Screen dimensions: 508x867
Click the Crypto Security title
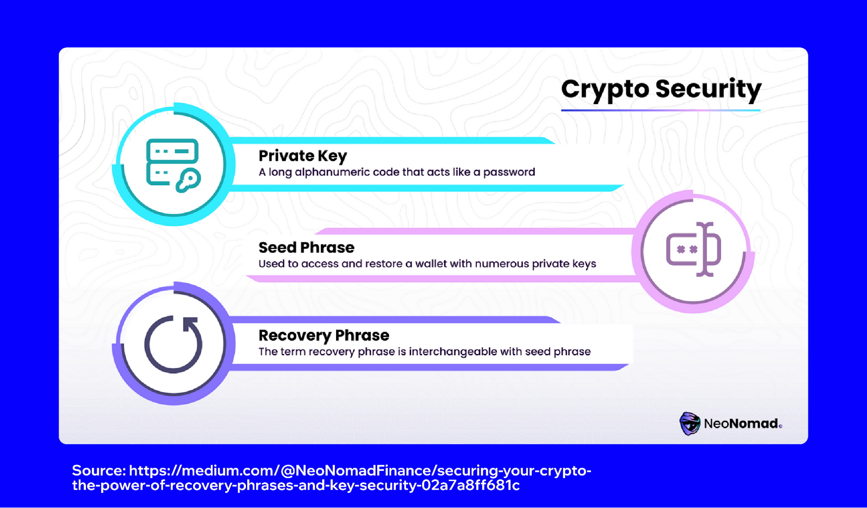[661, 89]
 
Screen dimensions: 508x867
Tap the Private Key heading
[303, 156]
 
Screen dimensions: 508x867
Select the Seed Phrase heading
[306, 247]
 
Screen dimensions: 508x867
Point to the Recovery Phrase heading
[324, 335]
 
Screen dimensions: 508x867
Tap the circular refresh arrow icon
[173, 344]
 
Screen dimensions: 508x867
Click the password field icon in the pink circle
[693, 249]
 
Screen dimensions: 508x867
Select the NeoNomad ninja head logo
[690, 423]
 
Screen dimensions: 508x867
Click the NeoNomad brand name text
[743, 423]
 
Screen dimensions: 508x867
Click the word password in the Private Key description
[509, 172]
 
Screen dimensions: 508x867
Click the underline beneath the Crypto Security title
[661, 110]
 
